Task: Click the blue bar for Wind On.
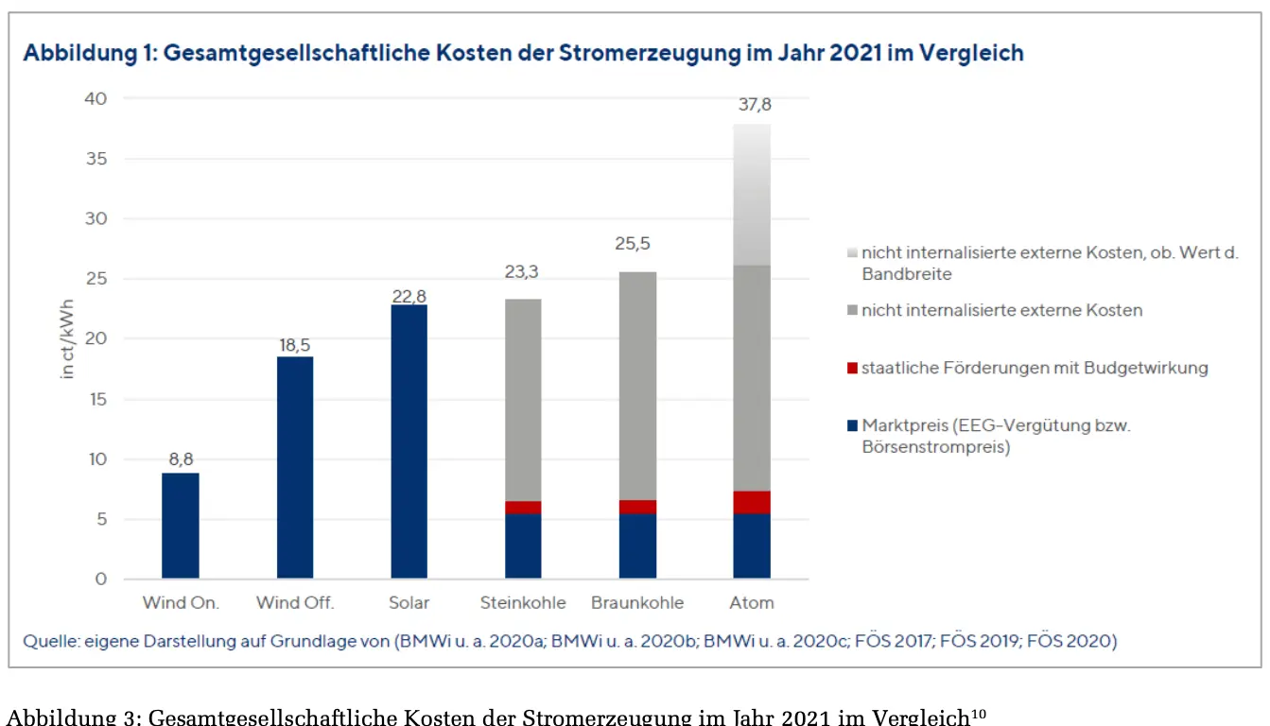pyautogui.click(x=180, y=526)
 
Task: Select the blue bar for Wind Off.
pyautogui.click(x=295, y=467)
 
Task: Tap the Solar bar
pyautogui.click(x=409, y=441)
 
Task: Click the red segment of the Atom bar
pyautogui.click(x=752, y=502)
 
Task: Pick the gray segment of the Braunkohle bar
pyautogui.click(x=637, y=386)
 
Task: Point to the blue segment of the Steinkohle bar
pyautogui.click(x=523, y=545)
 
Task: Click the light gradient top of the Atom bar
pyautogui.click(x=752, y=194)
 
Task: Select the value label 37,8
pyautogui.click(x=754, y=105)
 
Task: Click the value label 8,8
pyautogui.click(x=181, y=458)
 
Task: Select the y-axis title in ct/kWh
pyautogui.click(x=67, y=339)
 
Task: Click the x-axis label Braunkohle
pyautogui.click(x=636, y=603)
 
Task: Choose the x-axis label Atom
pyautogui.click(x=752, y=603)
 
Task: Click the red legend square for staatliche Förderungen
pyautogui.click(x=852, y=368)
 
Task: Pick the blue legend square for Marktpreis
pyautogui.click(x=852, y=426)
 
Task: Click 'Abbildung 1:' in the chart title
pyautogui.click(x=89, y=53)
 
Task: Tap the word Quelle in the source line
pyautogui.click(x=50, y=642)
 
